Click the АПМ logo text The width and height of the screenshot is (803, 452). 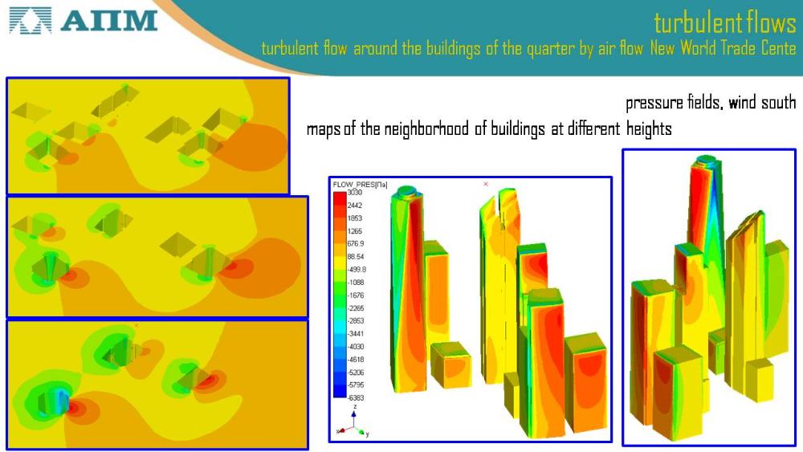(108, 21)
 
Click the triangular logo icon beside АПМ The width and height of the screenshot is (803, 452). (31, 21)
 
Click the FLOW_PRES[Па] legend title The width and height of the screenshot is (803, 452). (360, 185)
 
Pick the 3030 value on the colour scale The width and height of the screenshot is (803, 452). (354, 193)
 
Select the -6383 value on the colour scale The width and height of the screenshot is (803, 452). (356, 397)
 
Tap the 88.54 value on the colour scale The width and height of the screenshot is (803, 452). (356, 256)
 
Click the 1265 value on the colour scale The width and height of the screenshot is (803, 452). (354, 231)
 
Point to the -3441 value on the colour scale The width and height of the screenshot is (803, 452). (356, 333)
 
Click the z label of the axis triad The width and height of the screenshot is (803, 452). (354, 407)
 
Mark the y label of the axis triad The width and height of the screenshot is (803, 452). (367, 434)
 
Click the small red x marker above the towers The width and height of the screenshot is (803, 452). (486, 184)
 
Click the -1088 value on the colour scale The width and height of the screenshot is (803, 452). (356, 282)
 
